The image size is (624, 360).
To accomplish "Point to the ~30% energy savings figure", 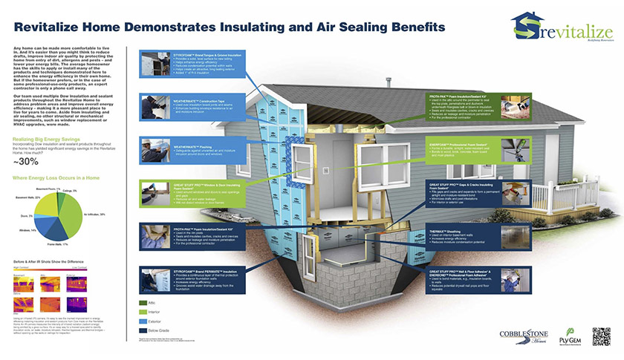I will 22,162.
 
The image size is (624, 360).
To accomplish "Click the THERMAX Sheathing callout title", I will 450,230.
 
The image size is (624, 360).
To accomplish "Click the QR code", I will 601,335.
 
